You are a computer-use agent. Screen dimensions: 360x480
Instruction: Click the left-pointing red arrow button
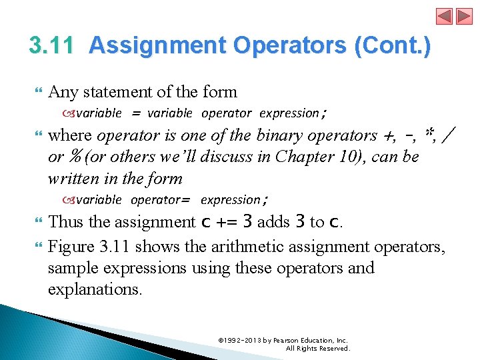(445, 16)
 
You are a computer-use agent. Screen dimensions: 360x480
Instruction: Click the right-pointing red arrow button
(463, 16)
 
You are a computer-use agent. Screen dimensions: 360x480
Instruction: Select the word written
(71, 178)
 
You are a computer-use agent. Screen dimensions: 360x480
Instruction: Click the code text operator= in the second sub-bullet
(161, 199)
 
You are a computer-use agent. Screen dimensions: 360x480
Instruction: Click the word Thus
(65, 221)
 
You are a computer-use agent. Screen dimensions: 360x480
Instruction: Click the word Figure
(71, 247)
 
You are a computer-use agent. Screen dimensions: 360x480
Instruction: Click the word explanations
(95, 289)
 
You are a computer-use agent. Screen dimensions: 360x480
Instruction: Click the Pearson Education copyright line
(283, 340)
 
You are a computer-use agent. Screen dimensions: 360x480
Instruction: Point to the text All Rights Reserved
(317, 348)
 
